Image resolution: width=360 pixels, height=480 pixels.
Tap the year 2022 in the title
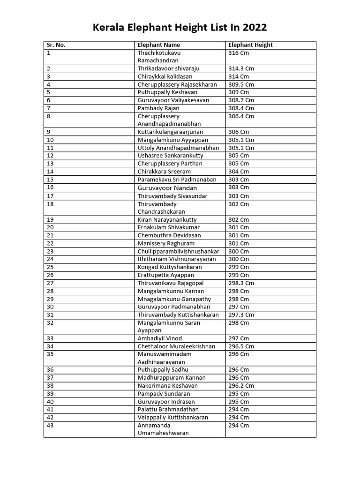(253, 27)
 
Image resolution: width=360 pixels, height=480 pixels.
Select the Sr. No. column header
(56, 45)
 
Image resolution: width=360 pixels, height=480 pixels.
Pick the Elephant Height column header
(250, 45)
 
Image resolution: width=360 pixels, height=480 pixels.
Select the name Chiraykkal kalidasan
(165, 76)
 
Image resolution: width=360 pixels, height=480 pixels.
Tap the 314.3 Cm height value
(241, 68)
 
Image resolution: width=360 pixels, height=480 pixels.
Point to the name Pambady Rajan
(158, 108)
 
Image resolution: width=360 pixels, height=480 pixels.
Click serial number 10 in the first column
(51, 140)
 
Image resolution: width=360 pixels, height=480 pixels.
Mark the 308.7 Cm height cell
(241, 100)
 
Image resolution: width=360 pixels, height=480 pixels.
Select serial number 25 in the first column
(51, 267)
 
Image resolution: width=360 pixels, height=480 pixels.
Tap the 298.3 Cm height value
(241, 283)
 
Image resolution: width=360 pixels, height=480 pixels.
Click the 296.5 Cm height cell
(241, 346)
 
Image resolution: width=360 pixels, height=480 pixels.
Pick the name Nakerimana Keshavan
(168, 386)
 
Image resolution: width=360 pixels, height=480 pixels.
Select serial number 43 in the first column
(51, 425)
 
